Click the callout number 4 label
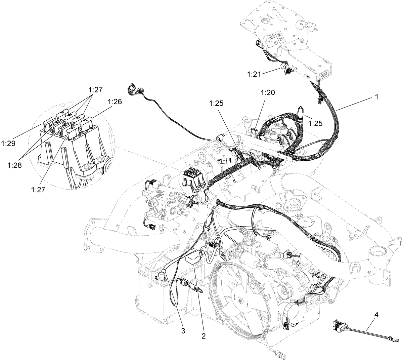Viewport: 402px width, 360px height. click(x=376, y=315)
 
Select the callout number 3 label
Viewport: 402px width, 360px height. click(x=183, y=331)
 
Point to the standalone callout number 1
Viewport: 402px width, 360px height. click(x=377, y=96)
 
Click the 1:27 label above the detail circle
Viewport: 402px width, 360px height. click(x=95, y=90)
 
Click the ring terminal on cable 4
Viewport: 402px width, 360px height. click(x=396, y=342)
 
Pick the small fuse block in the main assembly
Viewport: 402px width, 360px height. click(x=193, y=177)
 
